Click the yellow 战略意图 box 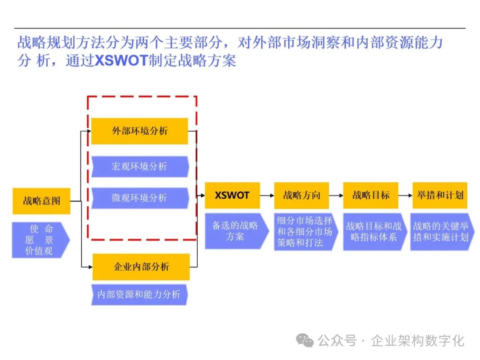coord(41,201)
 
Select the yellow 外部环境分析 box coord(140,131)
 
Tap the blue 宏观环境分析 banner coord(140,167)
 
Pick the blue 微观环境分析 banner coord(140,198)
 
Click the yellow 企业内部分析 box coord(141,267)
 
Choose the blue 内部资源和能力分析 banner coord(139,294)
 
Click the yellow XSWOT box coord(232,195)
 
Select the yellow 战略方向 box coord(301,195)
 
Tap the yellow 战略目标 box coord(371,195)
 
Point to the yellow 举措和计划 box coord(440,195)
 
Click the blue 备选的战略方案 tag coord(236,231)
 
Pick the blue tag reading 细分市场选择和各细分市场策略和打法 coord(304,232)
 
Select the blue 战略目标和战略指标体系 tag coord(373,232)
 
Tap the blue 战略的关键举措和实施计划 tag coord(441,232)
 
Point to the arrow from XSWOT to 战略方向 coord(267,195)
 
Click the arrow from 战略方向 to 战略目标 coord(336,195)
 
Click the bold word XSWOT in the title coord(121,60)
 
